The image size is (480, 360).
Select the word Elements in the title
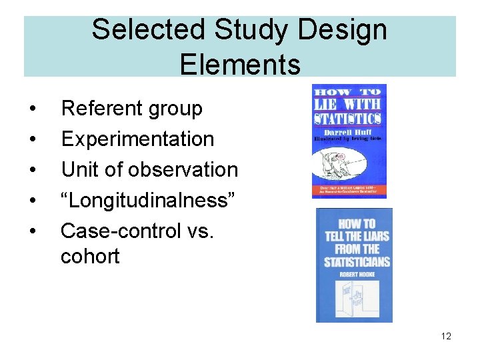point(240,65)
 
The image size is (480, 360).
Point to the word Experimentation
point(137,139)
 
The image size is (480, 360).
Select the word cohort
point(90,256)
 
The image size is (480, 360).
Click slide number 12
point(446,336)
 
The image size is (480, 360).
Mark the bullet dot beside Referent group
point(31,109)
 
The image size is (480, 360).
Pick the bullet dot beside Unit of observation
point(31,170)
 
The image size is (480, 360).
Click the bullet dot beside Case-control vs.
point(31,231)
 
